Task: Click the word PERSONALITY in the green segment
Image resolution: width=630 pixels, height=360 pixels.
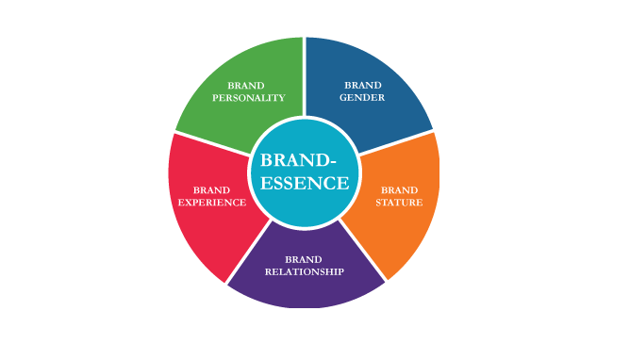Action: (249, 98)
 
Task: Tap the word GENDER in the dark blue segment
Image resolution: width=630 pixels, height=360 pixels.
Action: (362, 97)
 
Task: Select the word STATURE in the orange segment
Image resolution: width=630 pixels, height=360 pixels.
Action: (399, 203)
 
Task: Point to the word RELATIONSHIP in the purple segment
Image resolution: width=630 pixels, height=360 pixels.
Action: (304, 271)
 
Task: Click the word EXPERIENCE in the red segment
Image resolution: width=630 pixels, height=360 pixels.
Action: (212, 203)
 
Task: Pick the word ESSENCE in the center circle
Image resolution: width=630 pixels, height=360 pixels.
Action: (305, 183)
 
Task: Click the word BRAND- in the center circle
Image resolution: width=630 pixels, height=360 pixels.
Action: (298, 160)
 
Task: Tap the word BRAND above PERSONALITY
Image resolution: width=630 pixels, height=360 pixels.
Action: (246, 86)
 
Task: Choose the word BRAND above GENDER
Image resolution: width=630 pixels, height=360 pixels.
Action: (363, 85)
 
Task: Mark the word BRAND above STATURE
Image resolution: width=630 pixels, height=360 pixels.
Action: (399, 189)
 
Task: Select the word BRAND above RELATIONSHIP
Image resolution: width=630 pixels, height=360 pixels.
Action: (304, 259)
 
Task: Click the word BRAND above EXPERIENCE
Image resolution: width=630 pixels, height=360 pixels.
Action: (211, 189)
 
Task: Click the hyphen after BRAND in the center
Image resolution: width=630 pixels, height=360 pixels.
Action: (332, 162)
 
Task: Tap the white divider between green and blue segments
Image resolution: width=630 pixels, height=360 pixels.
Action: (304, 76)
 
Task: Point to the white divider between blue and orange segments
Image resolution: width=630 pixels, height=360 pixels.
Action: (396, 142)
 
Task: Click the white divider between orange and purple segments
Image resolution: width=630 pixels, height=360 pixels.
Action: (362, 251)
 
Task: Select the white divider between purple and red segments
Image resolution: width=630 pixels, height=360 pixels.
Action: (249, 253)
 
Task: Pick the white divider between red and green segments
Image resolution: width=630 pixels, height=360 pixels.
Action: (213, 143)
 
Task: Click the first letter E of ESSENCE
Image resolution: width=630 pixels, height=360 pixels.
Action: (266, 183)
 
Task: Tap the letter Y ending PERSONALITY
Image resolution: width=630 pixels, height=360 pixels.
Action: (281, 98)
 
